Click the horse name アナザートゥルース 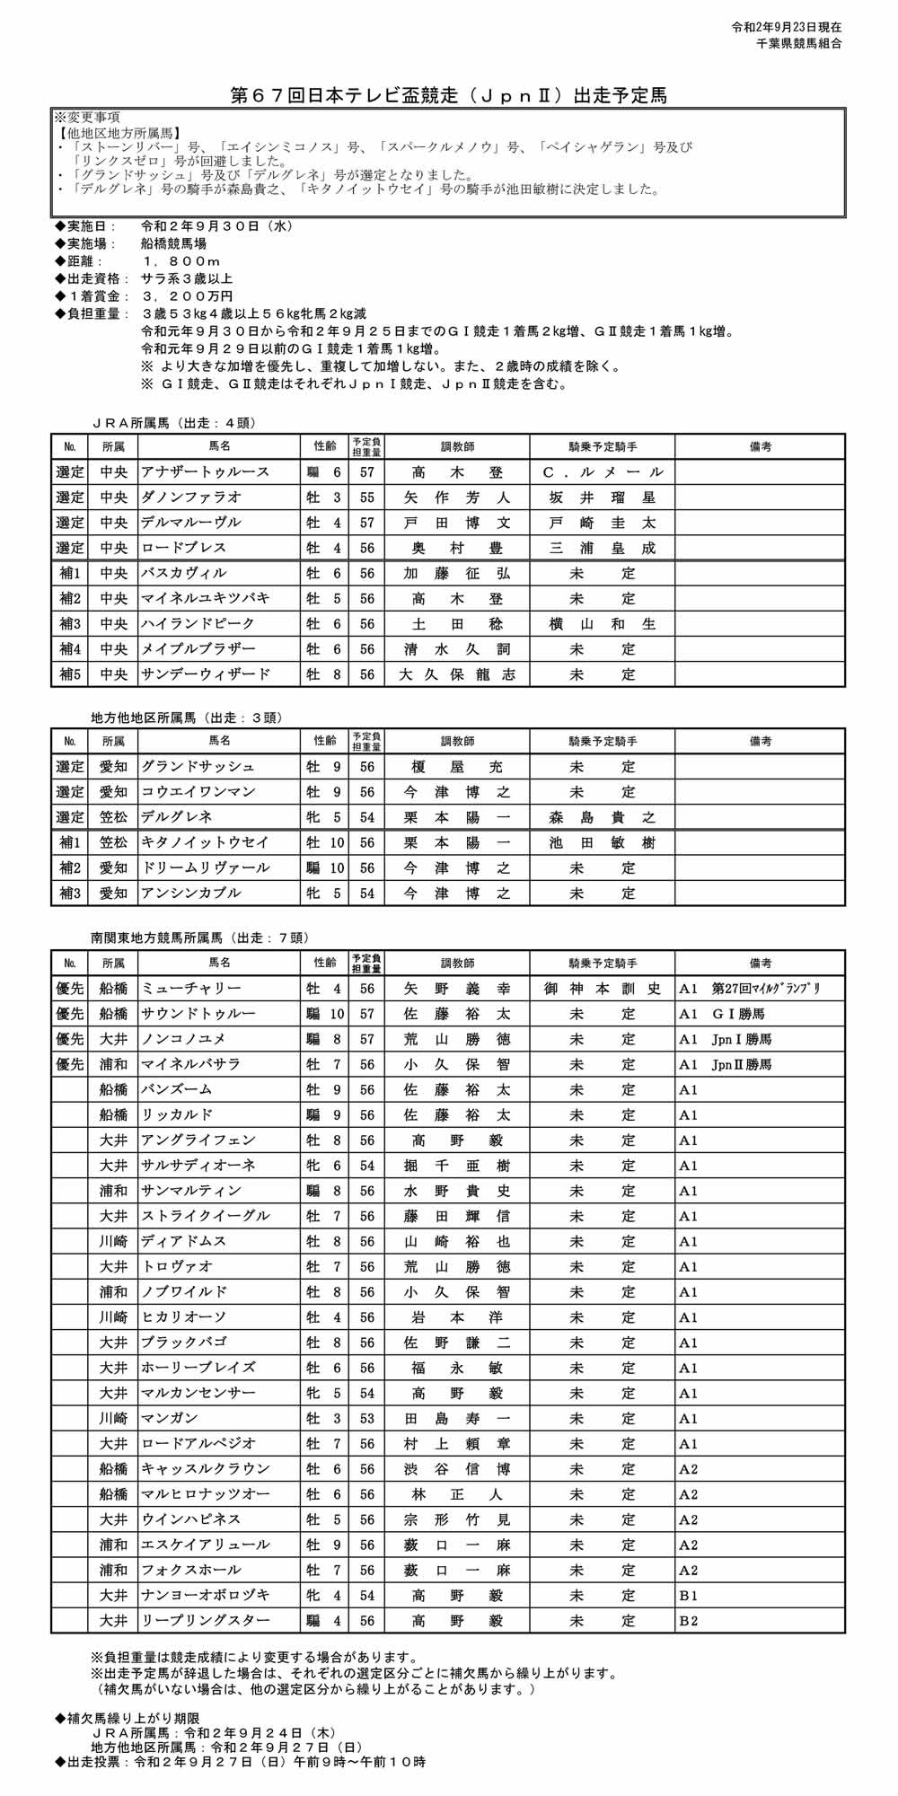(205, 472)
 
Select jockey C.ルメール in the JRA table (603, 472)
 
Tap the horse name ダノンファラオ (190, 497)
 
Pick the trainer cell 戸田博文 (457, 523)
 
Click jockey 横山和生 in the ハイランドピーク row (603, 624)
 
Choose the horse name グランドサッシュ (198, 767)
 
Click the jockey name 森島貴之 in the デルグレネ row (603, 817)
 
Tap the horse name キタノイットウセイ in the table (205, 842)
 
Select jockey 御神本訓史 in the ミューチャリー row (603, 989)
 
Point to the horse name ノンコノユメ (183, 1039)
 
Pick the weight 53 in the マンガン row (367, 1419)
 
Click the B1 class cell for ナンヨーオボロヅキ (689, 1596)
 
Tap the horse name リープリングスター (205, 1621)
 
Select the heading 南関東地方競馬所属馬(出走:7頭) (199, 938)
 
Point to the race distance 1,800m (181, 261)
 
